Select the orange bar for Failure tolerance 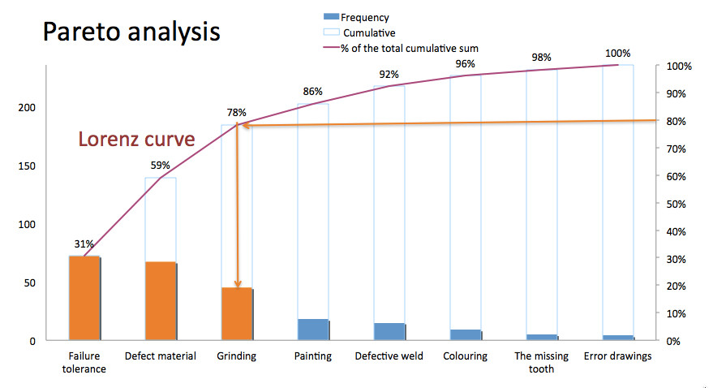[x=84, y=298]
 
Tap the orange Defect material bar [x=160, y=301]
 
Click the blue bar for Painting [x=313, y=330]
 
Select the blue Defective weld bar [x=389, y=331]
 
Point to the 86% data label [x=312, y=92]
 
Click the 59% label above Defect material [x=161, y=166]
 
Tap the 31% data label [x=84, y=244]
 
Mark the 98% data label [x=542, y=58]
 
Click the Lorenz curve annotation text [x=136, y=140]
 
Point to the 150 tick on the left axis [x=28, y=166]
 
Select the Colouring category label [x=465, y=356]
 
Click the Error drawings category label [x=617, y=356]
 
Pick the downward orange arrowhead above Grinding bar [x=237, y=282]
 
